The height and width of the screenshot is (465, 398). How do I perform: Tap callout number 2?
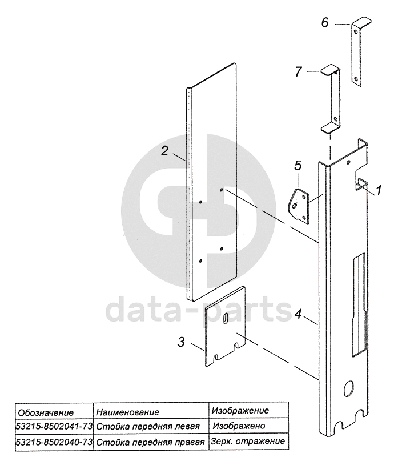click(164, 151)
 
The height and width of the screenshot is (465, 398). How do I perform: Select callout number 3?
click(180, 342)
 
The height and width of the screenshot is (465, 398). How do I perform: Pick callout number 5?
click(297, 166)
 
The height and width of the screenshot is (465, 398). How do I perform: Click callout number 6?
click(325, 23)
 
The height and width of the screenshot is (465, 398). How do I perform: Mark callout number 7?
click(298, 71)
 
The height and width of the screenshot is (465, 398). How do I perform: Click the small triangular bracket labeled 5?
click(300, 206)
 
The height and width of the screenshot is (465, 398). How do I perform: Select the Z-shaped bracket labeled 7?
click(332, 97)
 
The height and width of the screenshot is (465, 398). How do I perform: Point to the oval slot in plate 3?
click(226, 319)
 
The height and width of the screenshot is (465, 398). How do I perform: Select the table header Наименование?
click(127, 412)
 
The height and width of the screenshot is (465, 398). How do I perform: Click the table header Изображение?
click(240, 411)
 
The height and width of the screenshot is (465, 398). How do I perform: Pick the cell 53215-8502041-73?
click(54, 426)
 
